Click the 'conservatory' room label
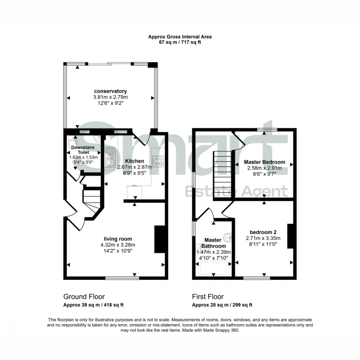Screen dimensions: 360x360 click(x=111, y=91)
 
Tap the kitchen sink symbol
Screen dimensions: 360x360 click(x=110, y=156)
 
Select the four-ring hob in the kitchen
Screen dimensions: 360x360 click(x=158, y=161)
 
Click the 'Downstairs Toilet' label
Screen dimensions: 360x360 click(x=83, y=150)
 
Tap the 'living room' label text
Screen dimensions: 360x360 click(x=118, y=239)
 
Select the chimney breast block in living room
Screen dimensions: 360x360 click(x=159, y=239)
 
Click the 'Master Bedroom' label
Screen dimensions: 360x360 click(x=264, y=162)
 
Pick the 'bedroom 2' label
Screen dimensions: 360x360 click(x=263, y=232)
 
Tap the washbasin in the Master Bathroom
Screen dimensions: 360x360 click(x=229, y=237)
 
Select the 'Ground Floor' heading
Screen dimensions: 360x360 click(x=84, y=296)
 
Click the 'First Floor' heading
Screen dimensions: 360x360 click(x=208, y=296)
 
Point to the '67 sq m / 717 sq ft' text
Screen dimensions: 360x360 click(x=180, y=42)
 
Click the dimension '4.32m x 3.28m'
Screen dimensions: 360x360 click(x=118, y=245)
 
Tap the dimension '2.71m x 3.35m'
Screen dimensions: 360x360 click(x=263, y=238)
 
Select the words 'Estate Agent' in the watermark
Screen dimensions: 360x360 click(x=236, y=191)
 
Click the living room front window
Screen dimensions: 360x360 click(x=122, y=278)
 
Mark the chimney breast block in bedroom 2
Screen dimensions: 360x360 click(x=290, y=236)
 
